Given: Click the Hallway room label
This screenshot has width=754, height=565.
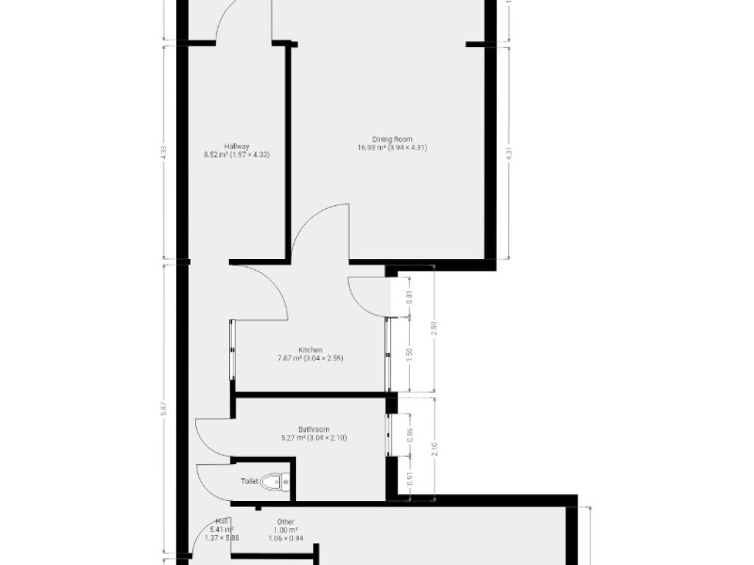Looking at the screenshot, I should click(x=237, y=146).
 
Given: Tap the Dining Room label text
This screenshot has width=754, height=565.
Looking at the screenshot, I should click(x=392, y=138).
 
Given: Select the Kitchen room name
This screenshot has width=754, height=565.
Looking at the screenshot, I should click(x=310, y=349).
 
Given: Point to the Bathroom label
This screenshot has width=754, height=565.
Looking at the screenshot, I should click(x=313, y=429).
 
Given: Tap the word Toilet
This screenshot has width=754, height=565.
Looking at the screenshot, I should click(x=250, y=482).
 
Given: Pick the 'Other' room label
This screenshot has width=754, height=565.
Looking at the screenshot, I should click(x=286, y=522).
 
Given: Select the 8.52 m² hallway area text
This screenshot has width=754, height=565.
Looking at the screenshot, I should click(x=217, y=155).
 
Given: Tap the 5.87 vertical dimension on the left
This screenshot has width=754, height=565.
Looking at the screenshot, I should click(x=163, y=413).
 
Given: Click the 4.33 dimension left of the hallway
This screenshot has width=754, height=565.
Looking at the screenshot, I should click(x=163, y=152).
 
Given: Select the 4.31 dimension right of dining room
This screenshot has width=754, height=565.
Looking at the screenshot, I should click(x=509, y=152).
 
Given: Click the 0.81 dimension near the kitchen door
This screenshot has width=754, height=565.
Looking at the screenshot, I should click(x=410, y=297).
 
